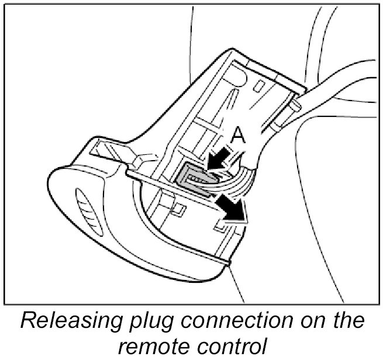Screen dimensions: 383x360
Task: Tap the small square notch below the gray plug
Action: pos(180,208)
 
